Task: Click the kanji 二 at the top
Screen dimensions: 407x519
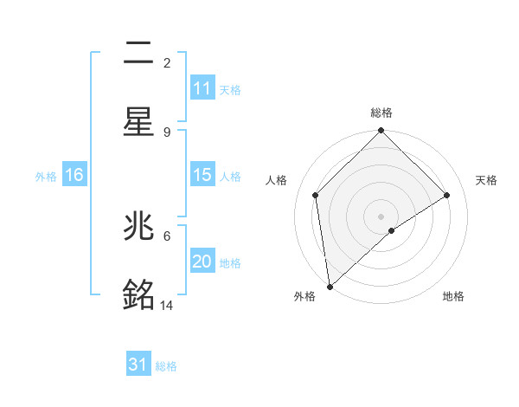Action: (138, 54)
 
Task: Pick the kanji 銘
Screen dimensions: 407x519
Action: (138, 294)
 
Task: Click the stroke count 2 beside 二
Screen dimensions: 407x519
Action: (167, 62)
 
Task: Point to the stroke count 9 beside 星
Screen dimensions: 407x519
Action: (167, 132)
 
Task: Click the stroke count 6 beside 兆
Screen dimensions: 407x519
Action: (167, 235)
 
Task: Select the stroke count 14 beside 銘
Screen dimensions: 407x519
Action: (167, 305)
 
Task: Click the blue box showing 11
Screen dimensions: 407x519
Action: (202, 88)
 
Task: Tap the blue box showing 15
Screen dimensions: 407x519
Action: (202, 175)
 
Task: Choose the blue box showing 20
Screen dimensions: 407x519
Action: (202, 262)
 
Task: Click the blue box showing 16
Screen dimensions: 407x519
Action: (74, 175)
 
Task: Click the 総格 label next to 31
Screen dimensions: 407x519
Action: (166, 366)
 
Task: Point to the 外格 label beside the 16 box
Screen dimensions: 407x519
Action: (46, 176)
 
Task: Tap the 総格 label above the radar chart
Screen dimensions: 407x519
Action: (381, 113)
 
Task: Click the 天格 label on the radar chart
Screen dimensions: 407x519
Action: (487, 180)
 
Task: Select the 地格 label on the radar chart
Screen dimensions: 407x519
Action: (453, 296)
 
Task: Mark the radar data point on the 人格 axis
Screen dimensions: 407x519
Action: (316, 195)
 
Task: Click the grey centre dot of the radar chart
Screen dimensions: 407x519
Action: (381, 216)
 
